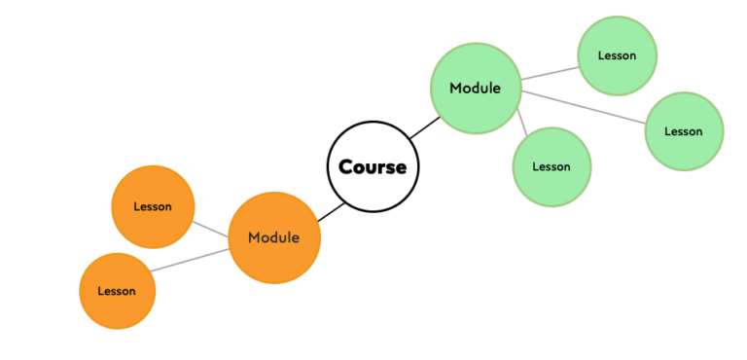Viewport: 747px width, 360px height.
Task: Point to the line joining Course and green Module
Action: click(424, 126)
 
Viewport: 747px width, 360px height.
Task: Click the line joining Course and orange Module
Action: click(332, 212)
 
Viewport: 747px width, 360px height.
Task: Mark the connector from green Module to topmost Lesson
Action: click(549, 73)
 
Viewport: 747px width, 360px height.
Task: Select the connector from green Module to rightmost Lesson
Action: click(584, 108)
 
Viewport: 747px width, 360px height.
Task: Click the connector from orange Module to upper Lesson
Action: click(210, 230)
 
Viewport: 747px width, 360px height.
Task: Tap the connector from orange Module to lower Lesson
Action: click(190, 260)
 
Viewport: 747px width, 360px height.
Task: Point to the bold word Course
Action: click(373, 167)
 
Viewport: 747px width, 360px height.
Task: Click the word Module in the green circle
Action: click(475, 89)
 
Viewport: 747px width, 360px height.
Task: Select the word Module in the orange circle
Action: click(273, 237)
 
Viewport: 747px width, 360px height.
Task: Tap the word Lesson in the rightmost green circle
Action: click(684, 131)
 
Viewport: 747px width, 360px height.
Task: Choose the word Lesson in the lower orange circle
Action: click(117, 291)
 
